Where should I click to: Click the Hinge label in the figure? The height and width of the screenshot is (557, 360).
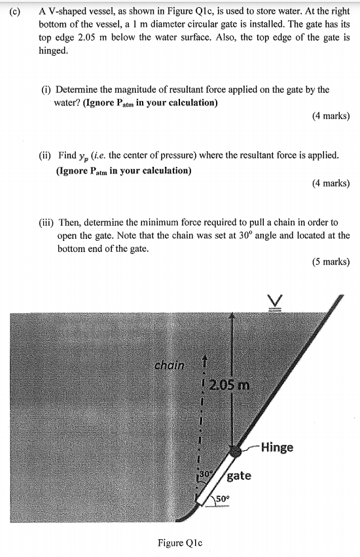(277, 448)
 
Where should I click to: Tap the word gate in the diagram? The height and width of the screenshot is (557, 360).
(239, 476)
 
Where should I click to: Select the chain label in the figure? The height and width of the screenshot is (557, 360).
(170, 365)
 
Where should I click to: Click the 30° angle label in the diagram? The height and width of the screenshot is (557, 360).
(206, 473)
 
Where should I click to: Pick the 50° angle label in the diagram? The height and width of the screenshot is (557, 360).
(223, 503)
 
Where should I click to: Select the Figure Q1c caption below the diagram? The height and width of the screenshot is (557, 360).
(180, 543)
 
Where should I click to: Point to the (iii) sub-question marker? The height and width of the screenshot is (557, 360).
(46, 223)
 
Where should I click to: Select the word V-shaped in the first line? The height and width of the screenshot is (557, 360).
(69, 11)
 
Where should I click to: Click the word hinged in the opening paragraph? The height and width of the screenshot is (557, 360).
(53, 50)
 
